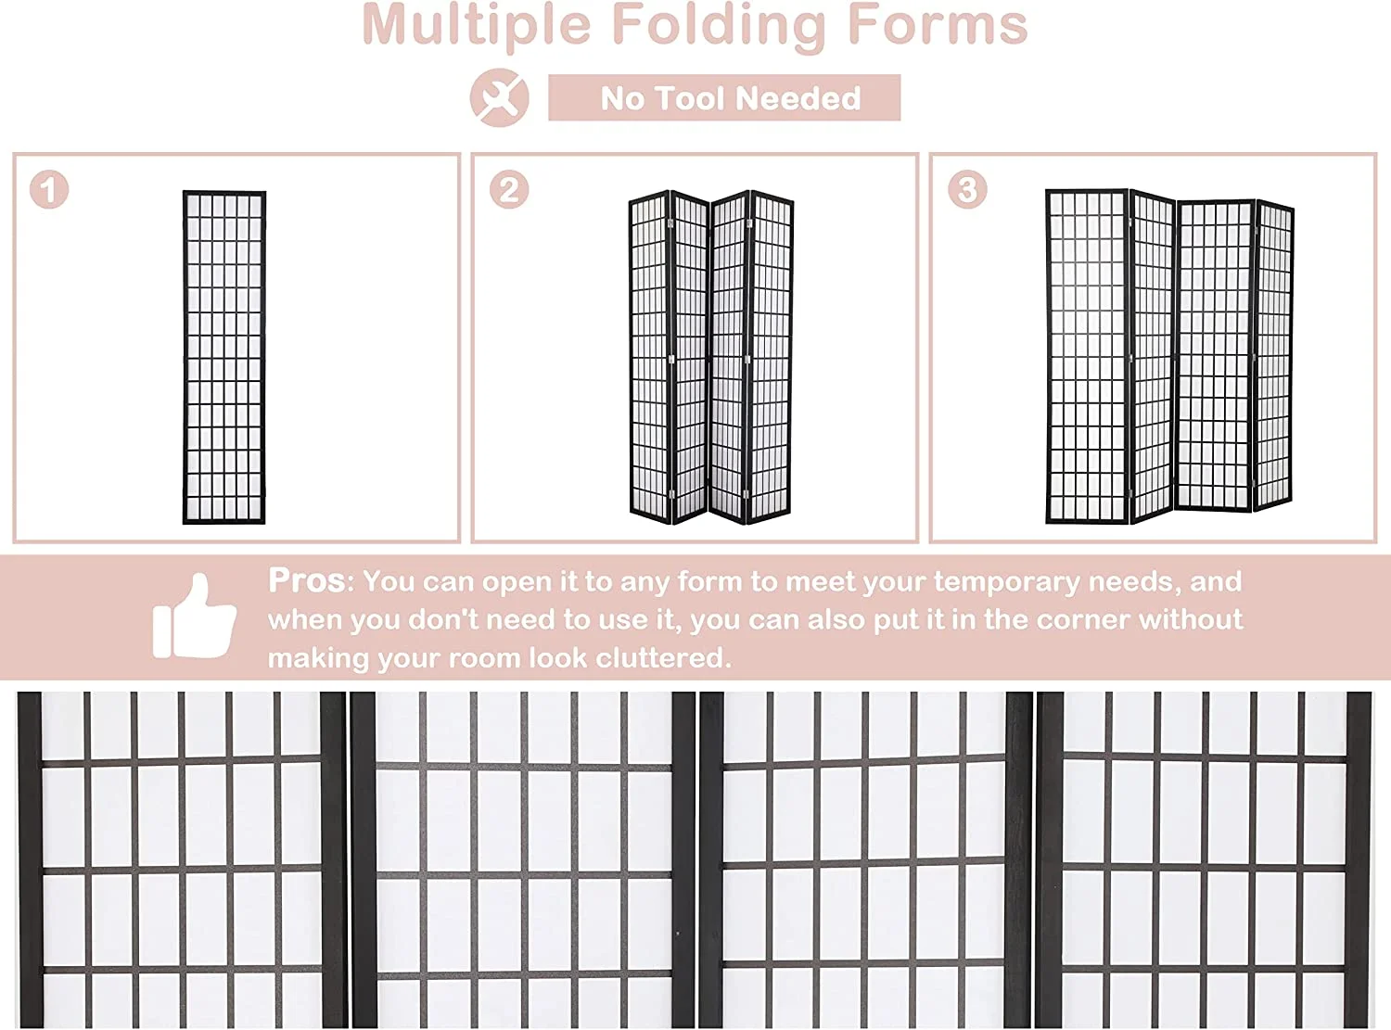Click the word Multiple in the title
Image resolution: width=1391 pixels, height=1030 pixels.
pyautogui.click(x=477, y=26)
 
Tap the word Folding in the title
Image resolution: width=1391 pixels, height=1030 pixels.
pyautogui.click(x=719, y=26)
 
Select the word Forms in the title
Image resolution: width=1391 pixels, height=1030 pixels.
pyautogui.click(x=937, y=25)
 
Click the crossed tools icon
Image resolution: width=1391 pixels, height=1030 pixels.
pyautogui.click(x=499, y=97)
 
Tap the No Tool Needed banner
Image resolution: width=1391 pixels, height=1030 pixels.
pyautogui.click(x=724, y=97)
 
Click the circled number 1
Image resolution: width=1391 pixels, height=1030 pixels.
pyautogui.click(x=49, y=189)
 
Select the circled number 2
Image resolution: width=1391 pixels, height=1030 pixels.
pyautogui.click(x=508, y=189)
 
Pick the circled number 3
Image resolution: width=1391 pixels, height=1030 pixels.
pyautogui.click(x=967, y=189)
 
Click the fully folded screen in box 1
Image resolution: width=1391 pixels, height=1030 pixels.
pyautogui.click(x=223, y=357)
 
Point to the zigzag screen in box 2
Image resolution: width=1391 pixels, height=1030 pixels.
pyautogui.click(x=711, y=357)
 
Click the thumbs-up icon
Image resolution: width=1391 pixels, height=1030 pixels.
pyautogui.click(x=195, y=617)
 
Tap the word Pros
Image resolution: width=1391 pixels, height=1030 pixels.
pyautogui.click(x=306, y=580)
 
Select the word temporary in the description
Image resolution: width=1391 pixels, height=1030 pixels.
pyautogui.click(x=1006, y=581)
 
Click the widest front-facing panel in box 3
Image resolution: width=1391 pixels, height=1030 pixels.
pyautogui.click(x=1087, y=356)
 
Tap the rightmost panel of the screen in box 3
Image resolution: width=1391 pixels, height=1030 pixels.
pyautogui.click(x=1274, y=355)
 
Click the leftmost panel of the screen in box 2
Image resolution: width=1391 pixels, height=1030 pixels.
pyautogui.click(x=650, y=356)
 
